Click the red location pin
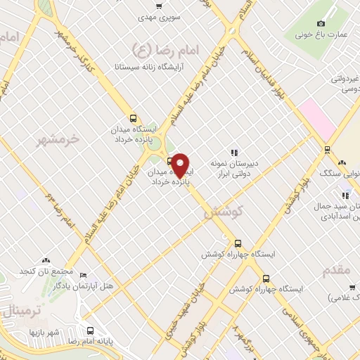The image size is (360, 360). click(181, 165)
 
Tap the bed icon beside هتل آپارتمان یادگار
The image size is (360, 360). click(84, 275)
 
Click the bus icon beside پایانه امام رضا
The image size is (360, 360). click(89, 331)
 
